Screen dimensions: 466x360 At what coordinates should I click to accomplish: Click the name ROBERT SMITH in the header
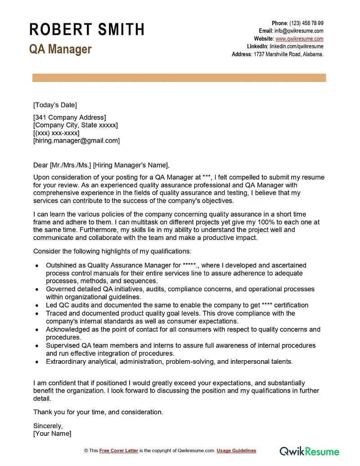tap(87, 30)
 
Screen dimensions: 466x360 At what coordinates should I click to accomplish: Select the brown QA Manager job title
tap(60, 49)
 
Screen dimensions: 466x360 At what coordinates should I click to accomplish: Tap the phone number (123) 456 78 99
tap(306, 23)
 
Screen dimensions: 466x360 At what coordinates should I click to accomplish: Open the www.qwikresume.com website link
tap(299, 39)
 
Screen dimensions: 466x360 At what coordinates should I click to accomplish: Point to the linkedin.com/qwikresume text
tap(296, 46)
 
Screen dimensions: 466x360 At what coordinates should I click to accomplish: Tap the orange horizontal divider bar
tap(179, 78)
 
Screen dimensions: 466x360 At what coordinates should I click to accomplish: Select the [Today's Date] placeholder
tap(55, 105)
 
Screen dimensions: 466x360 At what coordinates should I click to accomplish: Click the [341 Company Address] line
tap(69, 118)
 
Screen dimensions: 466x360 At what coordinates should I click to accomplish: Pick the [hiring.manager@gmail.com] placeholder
tap(76, 140)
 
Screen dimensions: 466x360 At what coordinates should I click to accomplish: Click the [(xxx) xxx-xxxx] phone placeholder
tap(56, 133)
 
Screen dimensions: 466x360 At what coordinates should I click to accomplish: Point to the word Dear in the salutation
tap(40, 165)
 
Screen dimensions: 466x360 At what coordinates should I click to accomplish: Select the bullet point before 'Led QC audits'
tap(36, 305)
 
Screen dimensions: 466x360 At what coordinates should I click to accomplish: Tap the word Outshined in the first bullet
tap(61, 265)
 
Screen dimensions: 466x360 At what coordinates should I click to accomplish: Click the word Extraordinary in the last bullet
tap(66, 361)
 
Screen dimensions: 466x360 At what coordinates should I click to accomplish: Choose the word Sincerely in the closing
tap(48, 425)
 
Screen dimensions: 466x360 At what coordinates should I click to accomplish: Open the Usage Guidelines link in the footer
tap(236, 451)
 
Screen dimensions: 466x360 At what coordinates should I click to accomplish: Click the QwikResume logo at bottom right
tap(310, 451)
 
